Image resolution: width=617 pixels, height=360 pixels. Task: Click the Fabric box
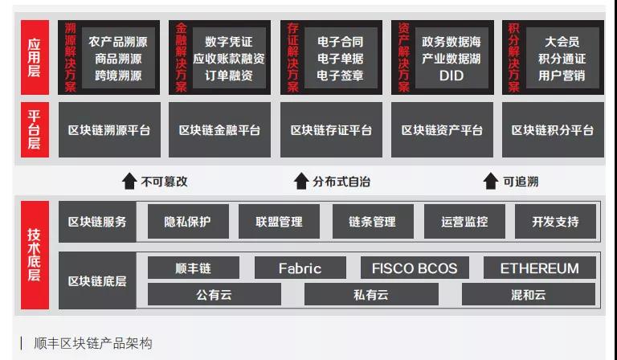tap(300, 268)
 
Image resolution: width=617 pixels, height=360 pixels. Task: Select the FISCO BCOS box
tap(415, 268)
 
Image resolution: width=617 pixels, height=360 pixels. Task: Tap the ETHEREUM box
tap(539, 268)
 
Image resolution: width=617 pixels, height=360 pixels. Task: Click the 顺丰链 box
tap(194, 268)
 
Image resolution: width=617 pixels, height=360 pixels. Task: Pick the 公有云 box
tap(214, 295)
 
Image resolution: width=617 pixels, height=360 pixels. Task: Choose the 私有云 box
tap(370, 295)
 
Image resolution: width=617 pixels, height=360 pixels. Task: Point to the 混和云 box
tap(528, 295)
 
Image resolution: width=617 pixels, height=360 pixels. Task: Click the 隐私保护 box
tap(187, 222)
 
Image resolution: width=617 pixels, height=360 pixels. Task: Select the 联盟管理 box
tap(280, 222)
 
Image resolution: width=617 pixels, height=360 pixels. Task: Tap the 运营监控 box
tap(464, 222)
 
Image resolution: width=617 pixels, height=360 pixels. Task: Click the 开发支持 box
tap(555, 222)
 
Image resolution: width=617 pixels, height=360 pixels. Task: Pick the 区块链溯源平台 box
tap(109, 130)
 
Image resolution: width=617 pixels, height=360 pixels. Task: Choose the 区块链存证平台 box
tap(331, 130)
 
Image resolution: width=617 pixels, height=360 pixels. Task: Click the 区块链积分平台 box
tap(553, 130)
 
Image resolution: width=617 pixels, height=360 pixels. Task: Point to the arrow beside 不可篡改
tap(129, 182)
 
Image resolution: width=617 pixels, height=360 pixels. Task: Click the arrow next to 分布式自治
tap(301, 182)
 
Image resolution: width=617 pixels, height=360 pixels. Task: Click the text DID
tap(452, 76)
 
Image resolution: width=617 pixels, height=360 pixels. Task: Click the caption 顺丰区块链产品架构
tap(93, 343)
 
